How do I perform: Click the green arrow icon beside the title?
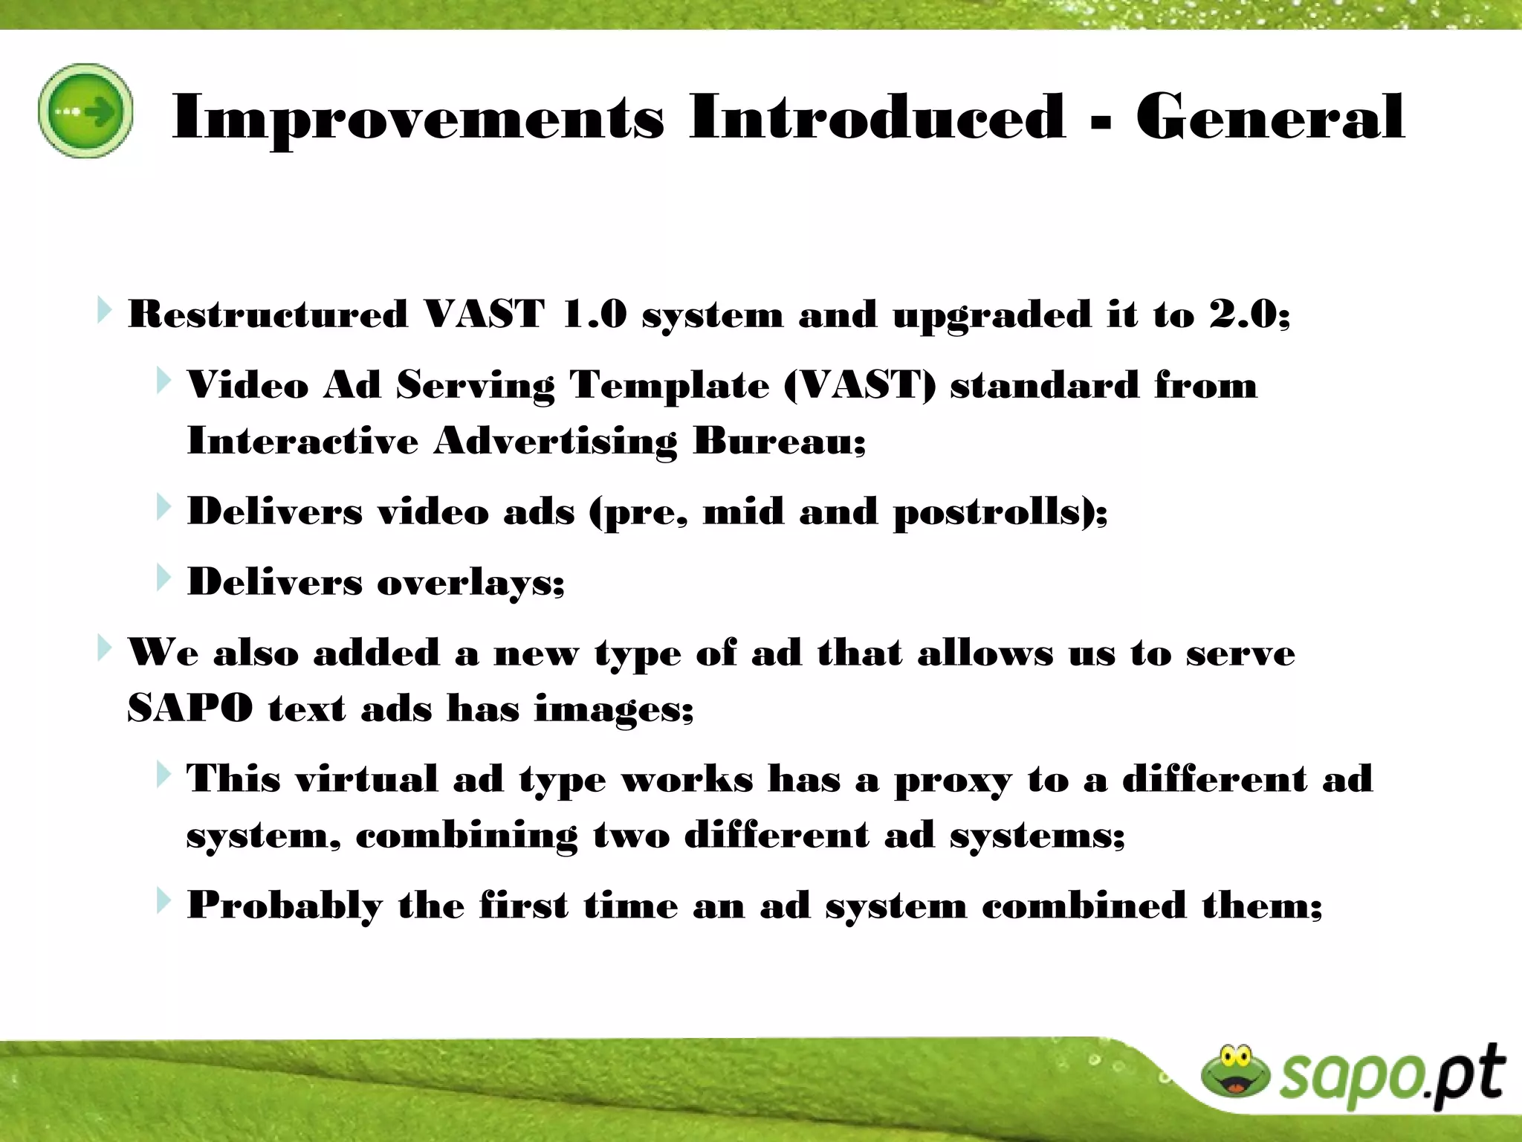pos(85,112)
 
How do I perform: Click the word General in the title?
pos(1270,117)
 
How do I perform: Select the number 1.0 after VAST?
pos(595,314)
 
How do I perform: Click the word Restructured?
pos(268,314)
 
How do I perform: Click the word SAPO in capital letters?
pos(190,708)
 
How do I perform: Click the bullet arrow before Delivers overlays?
pos(163,577)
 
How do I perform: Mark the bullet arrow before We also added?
pos(104,648)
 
